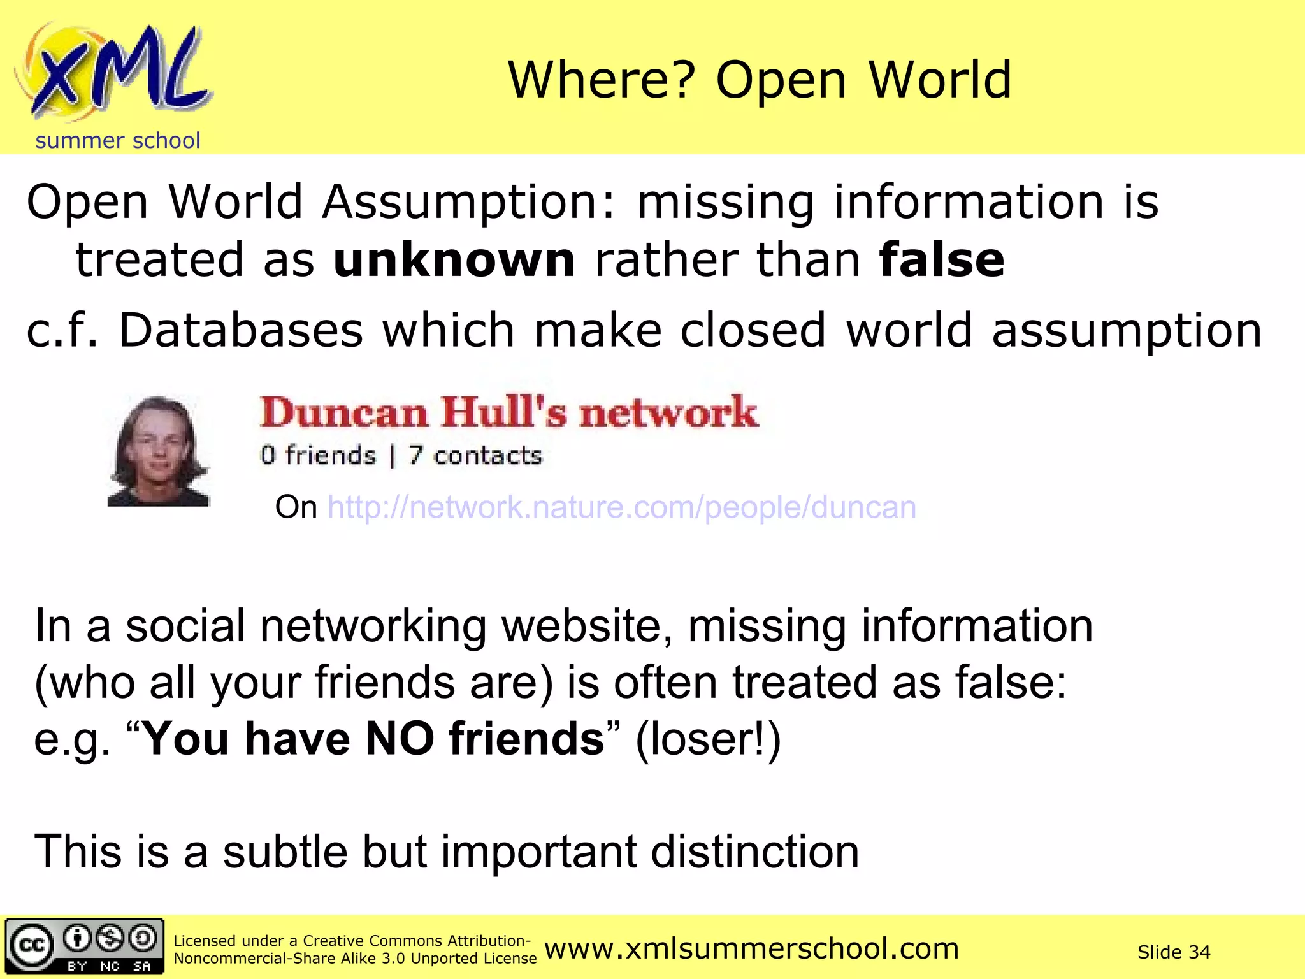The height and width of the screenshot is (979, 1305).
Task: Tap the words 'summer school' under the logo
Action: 118,140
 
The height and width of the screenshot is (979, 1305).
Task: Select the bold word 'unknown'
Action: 454,260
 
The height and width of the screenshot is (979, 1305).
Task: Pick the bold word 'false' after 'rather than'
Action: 941,260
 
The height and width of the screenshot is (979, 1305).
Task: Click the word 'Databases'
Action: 241,331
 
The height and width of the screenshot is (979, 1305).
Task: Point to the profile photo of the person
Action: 158,451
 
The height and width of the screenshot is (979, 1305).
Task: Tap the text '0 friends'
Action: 318,455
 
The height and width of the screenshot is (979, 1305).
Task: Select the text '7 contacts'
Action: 475,455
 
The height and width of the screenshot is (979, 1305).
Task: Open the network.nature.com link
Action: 621,507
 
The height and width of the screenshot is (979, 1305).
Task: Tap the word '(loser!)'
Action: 708,739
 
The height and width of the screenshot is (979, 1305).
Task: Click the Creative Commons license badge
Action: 84,946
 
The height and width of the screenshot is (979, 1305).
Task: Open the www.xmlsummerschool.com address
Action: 751,948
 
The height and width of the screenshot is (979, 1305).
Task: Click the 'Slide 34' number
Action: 1174,952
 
